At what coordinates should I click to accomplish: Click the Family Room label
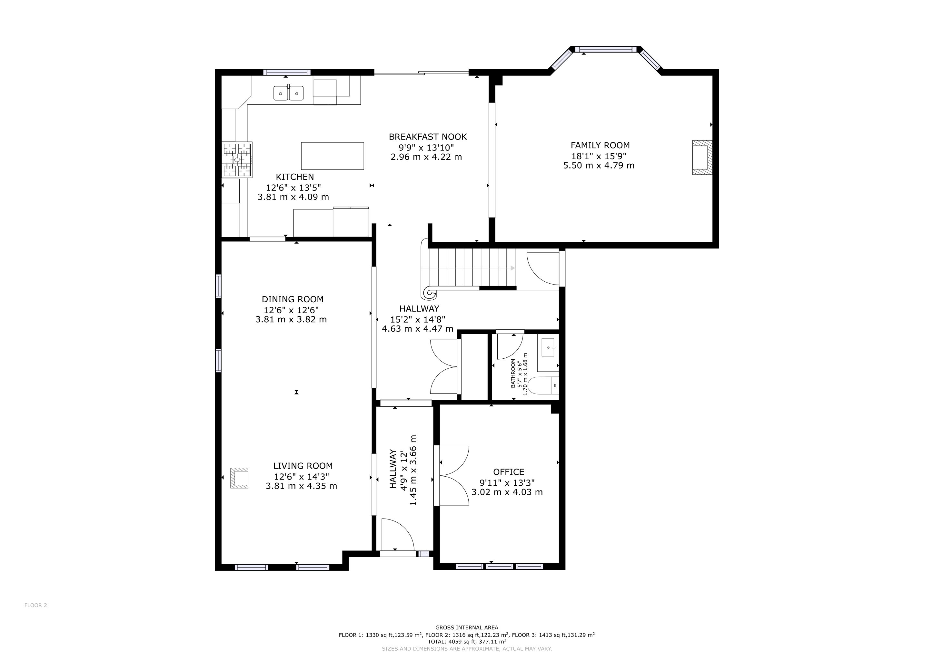(x=600, y=145)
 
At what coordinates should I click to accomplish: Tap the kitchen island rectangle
(x=333, y=156)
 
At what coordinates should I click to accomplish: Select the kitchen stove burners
(x=237, y=160)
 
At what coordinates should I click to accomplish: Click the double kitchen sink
(x=288, y=93)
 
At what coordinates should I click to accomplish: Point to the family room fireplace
(x=702, y=157)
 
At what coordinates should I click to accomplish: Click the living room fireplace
(x=239, y=478)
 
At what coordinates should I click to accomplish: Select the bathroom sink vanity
(x=548, y=352)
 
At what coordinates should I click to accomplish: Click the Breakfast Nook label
(x=428, y=137)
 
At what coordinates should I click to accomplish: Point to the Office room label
(x=509, y=472)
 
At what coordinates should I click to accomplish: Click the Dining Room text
(x=293, y=299)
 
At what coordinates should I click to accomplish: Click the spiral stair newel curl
(x=430, y=292)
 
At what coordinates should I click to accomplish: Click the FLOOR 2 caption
(x=36, y=605)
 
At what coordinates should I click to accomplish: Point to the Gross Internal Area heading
(x=467, y=627)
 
